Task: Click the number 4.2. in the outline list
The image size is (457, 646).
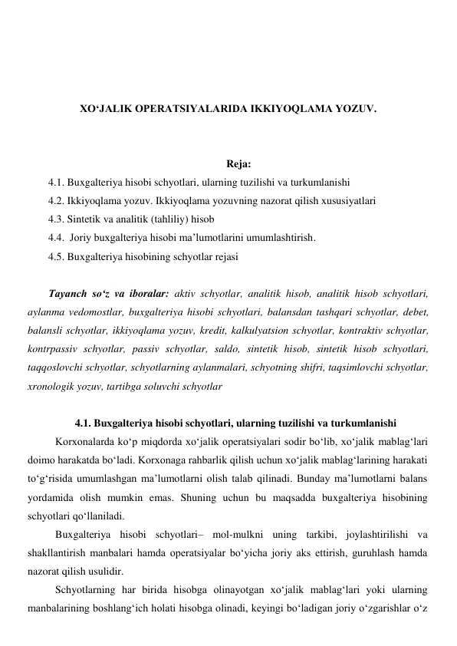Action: [56, 200]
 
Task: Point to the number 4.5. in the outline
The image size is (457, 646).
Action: [56, 256]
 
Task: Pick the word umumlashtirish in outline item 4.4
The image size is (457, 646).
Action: [280, 238]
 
